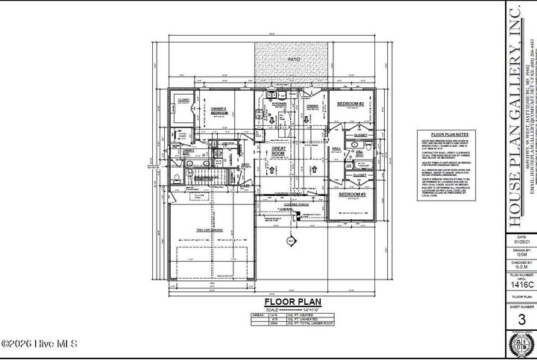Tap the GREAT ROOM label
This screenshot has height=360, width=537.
click(x=279, y=152)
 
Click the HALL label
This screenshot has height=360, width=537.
click(x=336, y=148)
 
